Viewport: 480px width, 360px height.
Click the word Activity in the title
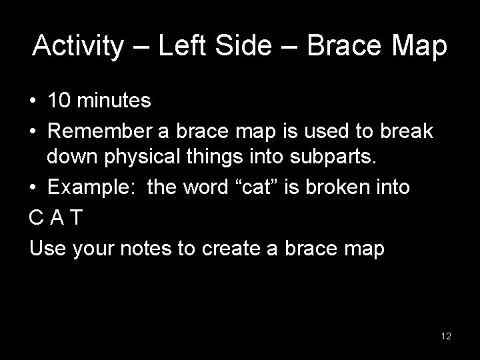click(78, 47)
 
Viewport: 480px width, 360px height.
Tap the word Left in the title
click(177, 47)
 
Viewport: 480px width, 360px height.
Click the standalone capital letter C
click(35, 218)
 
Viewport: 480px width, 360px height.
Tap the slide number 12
click(446, 336)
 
